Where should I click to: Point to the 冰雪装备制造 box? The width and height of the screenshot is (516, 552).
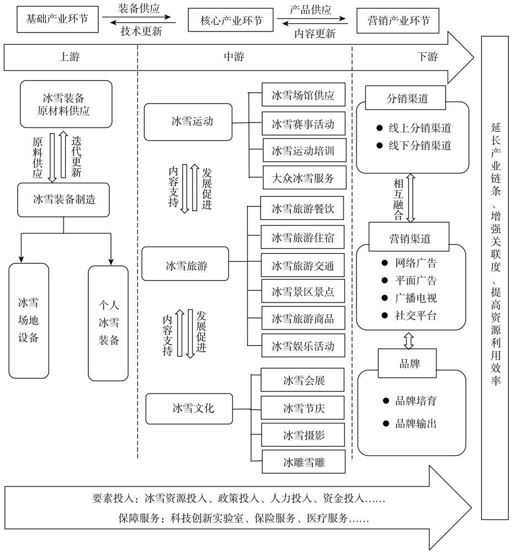64,199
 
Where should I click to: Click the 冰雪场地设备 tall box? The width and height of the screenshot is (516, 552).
29,320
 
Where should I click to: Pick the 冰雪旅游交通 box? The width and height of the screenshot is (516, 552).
303,266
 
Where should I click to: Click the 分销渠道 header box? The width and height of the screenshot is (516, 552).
408,99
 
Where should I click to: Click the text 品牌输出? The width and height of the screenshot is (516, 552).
417,424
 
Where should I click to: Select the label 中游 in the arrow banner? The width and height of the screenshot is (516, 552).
233,56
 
